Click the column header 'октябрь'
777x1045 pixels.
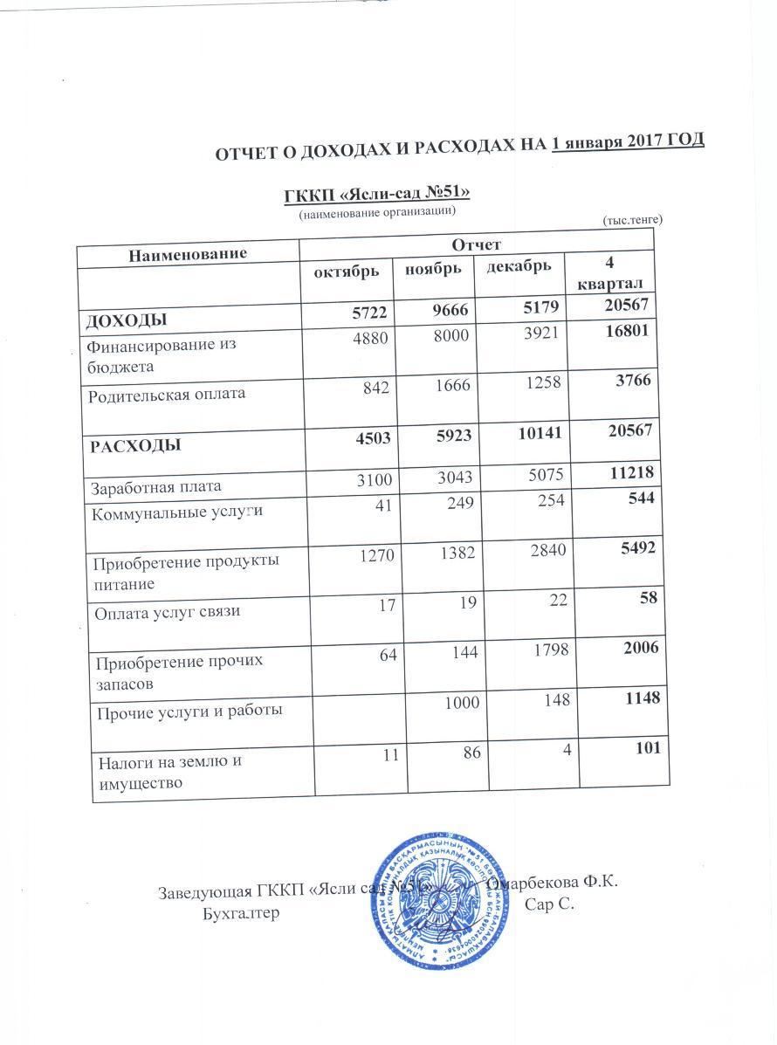coord(347,272)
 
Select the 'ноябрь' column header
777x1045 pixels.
coord(432,269)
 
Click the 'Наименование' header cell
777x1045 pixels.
coord(187,253)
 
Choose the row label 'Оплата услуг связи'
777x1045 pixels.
coord(168,611)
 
